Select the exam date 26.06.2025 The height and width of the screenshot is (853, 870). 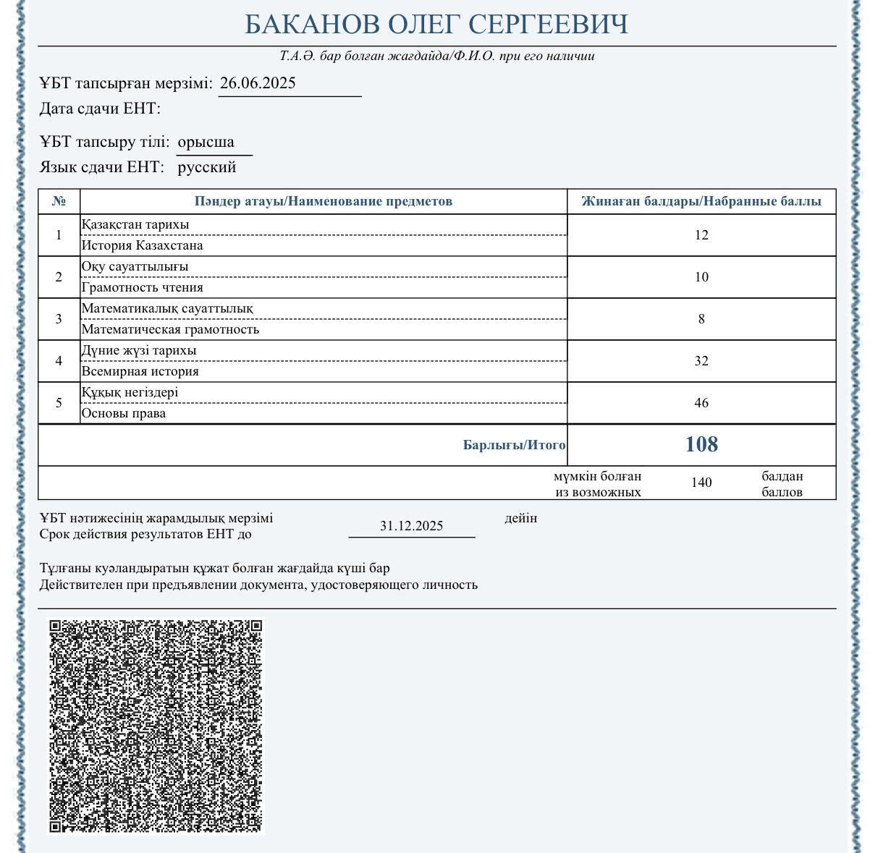(258, 83)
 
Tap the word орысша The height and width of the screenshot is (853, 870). (206, 142)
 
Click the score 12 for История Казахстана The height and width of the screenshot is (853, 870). (701, 235)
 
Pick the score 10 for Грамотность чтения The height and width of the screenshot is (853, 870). (701, 277)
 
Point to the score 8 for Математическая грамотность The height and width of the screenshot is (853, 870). (701, 319)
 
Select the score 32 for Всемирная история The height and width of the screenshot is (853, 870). (701, 361)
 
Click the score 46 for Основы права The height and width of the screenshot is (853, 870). (701, 403)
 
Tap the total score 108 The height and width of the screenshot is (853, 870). (701, 444)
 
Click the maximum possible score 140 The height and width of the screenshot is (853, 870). (701, 483)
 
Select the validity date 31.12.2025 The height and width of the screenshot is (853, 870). (411, 526)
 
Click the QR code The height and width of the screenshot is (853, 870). (156, 726)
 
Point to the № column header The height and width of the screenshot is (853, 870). (59, 201)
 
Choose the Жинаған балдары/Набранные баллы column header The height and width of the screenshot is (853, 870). (701, 201)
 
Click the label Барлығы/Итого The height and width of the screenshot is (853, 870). (514, 445)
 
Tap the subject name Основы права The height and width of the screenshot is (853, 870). (124, 414)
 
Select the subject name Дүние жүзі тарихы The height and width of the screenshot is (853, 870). (139, 351)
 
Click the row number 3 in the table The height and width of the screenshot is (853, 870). (59, 319)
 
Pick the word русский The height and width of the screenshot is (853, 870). (207, 168)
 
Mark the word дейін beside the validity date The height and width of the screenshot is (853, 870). (520, 518)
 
